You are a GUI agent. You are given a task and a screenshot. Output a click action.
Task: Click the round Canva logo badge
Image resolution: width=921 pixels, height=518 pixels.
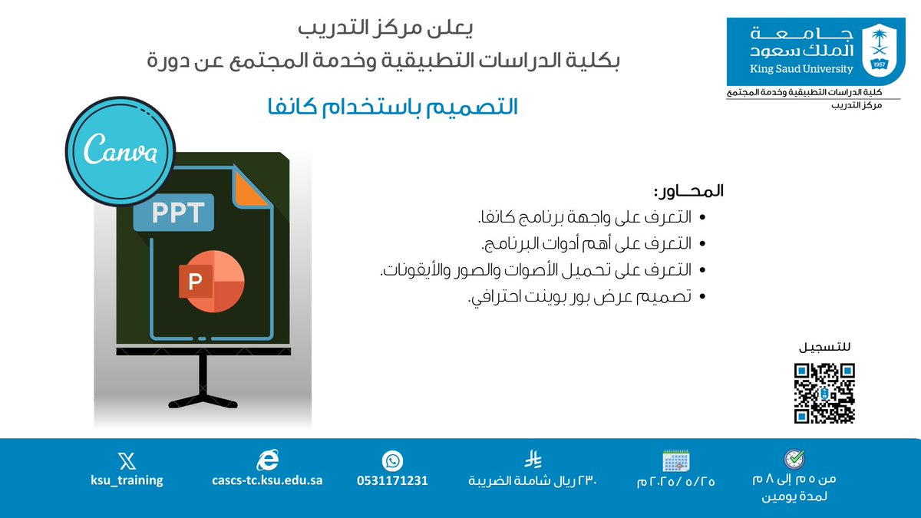click(x=121, y=150)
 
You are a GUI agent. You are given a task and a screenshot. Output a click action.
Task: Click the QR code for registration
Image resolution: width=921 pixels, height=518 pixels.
click(x=824, y=393)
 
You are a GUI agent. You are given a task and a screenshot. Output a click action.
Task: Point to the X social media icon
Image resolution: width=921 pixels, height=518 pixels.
click(x=127, y=460)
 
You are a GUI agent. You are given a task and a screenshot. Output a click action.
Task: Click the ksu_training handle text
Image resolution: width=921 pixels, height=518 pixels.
click(x=127, y=480)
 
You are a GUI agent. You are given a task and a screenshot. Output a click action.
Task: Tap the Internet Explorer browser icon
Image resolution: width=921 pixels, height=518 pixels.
click(x=267, y=460)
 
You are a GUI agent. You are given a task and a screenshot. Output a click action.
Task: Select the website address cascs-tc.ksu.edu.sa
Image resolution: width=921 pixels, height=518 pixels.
click(x=267, y=480)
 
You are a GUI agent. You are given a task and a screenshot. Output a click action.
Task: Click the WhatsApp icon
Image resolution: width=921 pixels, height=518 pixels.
click(x=392, y=460)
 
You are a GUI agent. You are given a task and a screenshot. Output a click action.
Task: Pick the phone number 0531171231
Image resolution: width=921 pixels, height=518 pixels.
click(x=392, y=480)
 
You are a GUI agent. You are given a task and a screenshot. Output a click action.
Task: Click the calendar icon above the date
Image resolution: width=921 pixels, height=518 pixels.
click(x=677, y=460)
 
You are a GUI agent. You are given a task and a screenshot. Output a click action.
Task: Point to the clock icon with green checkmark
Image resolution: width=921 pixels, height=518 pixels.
click(x=794, y=459)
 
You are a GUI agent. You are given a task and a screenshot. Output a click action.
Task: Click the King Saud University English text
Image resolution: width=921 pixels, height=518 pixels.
click(x=802, y=69)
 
